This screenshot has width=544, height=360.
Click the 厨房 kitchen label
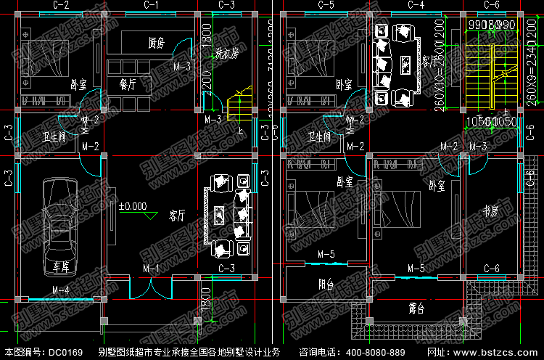tap(156, 44)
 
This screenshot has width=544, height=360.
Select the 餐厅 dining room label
tap(128, 84)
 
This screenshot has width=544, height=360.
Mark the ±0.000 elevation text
tap(133, 206)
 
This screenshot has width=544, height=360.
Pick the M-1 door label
tap(152, 269)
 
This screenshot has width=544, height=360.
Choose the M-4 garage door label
tap(61, 290)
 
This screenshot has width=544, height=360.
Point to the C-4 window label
tap(416, 5)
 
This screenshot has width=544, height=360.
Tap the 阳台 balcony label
tap(326, 285)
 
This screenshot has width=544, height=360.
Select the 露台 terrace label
tap(416, 309)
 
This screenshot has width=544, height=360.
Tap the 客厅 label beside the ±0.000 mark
tap(177, 216)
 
